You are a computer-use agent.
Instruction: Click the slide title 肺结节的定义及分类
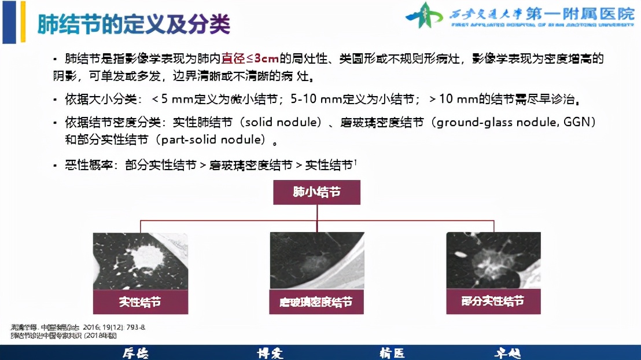(x=134, y=24)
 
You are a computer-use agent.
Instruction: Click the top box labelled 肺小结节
(x=316, y=192)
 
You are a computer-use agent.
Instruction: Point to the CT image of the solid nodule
(x=141, y=261)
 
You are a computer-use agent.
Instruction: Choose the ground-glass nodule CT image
(x=316, y=261)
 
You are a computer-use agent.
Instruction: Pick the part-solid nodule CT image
(x=493, y=261)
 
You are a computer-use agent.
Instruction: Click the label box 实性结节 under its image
(x=141, y=302)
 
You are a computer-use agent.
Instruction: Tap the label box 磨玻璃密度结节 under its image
(x=316, y=302)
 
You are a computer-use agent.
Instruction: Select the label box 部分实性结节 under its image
(x=493, y=302)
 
